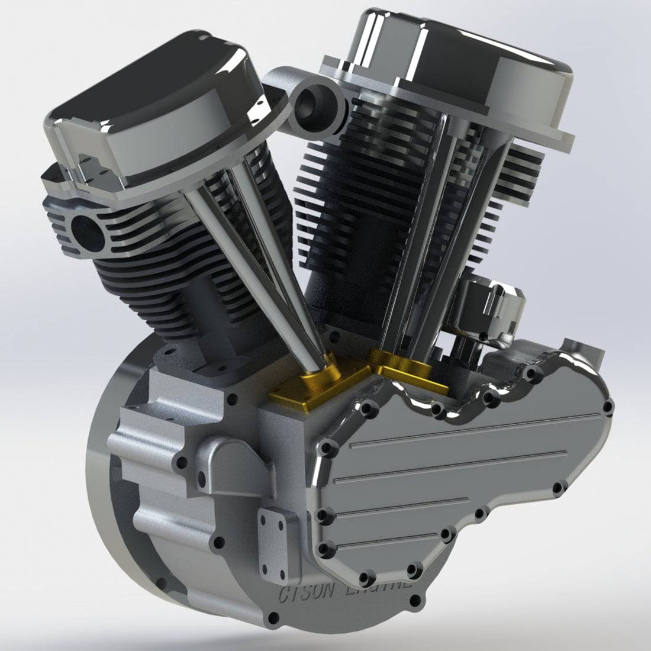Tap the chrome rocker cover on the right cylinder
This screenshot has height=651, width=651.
[x=468, y=71]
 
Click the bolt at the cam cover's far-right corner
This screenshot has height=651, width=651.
[x=608, y=406]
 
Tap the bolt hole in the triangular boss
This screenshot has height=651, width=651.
[x=202, y=477]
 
